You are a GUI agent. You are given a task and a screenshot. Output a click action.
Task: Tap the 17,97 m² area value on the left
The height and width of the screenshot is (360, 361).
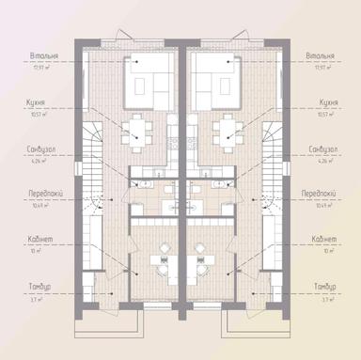[40, 68]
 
